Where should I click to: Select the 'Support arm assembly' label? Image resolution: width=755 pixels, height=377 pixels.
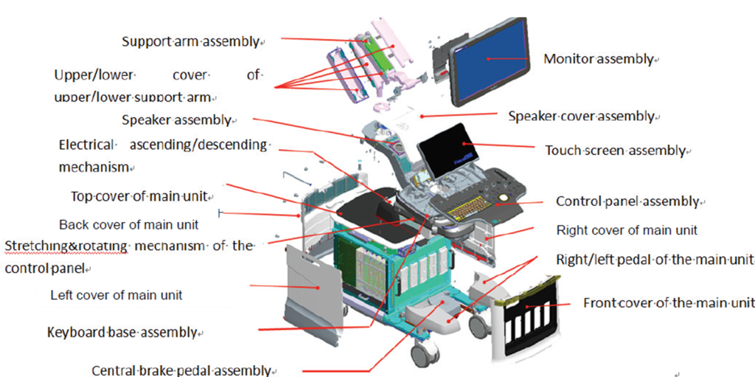pos(191,41)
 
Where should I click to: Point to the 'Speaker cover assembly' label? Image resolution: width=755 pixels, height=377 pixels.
pos(582,117)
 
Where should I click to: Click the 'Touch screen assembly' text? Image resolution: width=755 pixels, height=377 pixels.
pos(616,151)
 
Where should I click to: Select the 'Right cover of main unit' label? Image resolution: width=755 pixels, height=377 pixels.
pos(627,230)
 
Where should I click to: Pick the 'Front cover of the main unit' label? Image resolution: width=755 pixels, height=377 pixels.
pos(668,302)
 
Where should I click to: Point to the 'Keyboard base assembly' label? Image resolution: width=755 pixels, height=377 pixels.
pos(122,332)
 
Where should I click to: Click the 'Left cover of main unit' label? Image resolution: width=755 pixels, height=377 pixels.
pos(116,295)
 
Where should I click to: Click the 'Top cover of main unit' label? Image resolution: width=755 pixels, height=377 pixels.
pos(140,196)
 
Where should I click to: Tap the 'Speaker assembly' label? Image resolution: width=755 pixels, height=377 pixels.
pos(176,120)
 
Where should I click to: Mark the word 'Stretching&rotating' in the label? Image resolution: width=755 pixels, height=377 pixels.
pos(66,246)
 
